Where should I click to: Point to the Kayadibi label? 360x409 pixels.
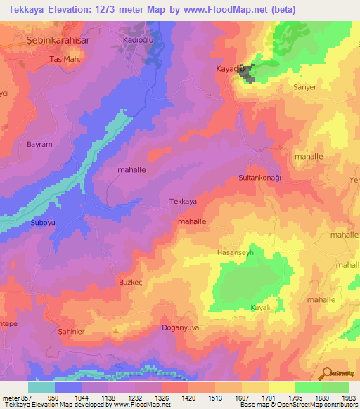coord(231,70)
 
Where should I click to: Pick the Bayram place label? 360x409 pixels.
coord(39,144)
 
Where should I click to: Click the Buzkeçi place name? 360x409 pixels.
coord(131,281)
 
